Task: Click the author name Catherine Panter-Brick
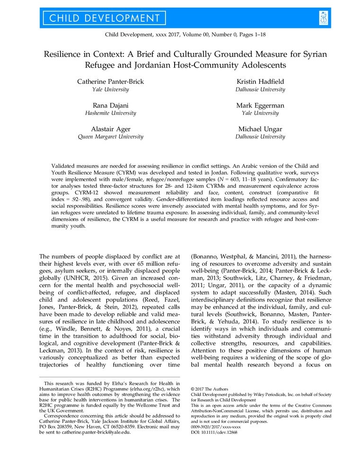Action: (x=110, y=82)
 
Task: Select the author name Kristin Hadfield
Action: (x=260, y=82)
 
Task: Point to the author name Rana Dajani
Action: (x=110, y=105)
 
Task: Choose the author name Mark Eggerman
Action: (x=260, y=105)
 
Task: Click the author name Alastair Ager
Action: (x=110, y=129)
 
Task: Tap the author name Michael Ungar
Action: (x=260, y=129)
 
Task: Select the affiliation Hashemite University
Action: (x=110, y=114)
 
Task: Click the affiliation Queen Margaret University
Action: (x=110, y=137)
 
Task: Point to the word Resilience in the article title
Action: (x=66, y=54)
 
